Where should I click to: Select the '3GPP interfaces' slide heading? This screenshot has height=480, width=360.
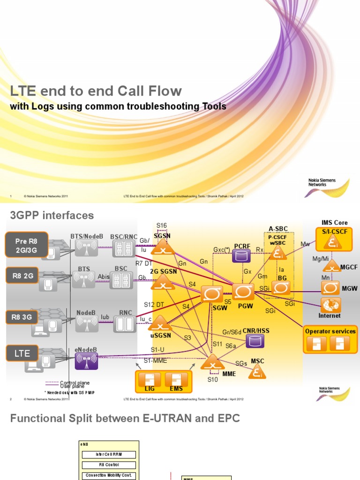(52, 216)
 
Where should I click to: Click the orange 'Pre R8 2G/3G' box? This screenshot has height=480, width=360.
(27, 245)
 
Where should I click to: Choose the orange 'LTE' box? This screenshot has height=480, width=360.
(22, 353)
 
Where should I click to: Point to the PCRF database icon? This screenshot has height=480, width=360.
(242, 256)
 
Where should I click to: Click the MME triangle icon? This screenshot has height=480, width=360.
(212, 362)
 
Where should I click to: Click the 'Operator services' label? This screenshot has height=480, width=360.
(330, 331)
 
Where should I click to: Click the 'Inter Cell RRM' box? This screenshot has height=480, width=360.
(108, 454)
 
